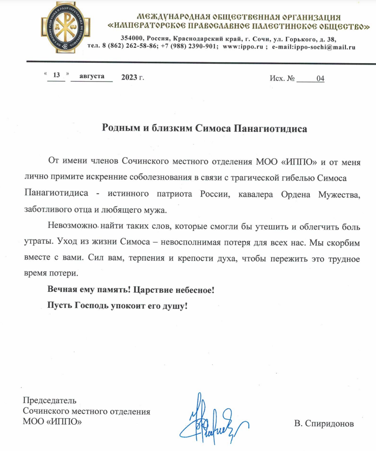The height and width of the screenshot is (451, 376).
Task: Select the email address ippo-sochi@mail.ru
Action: pyautogui.click(x=327, y=47)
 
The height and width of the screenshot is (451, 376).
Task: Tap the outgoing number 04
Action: pyautogui.click(x=321, y=78)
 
